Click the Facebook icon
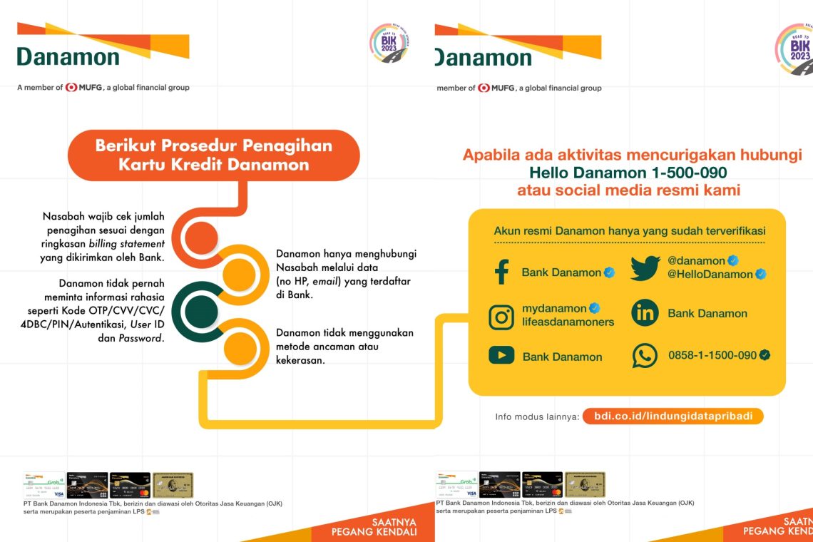coord(501,272)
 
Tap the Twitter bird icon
coord(645,267)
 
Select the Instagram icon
coord(501,316)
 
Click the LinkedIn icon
coord(645,313)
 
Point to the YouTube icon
coord(501,355)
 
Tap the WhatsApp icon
coord(645,355)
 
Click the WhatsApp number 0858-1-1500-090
coord(712,355)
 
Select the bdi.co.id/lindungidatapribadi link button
coord(673,416)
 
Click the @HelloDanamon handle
coord(710,275)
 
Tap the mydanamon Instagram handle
coord(554,309)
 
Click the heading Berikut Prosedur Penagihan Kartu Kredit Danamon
coord(213,155)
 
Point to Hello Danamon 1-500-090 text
coord(628,173)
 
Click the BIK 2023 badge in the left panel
coord(389,44)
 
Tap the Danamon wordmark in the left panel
coord(68,57)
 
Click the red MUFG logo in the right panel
coord(484,88)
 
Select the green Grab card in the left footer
coord(44,484)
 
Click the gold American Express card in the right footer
coord(585,484)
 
